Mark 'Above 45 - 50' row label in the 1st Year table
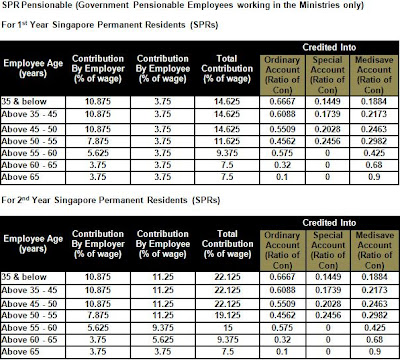35,131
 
